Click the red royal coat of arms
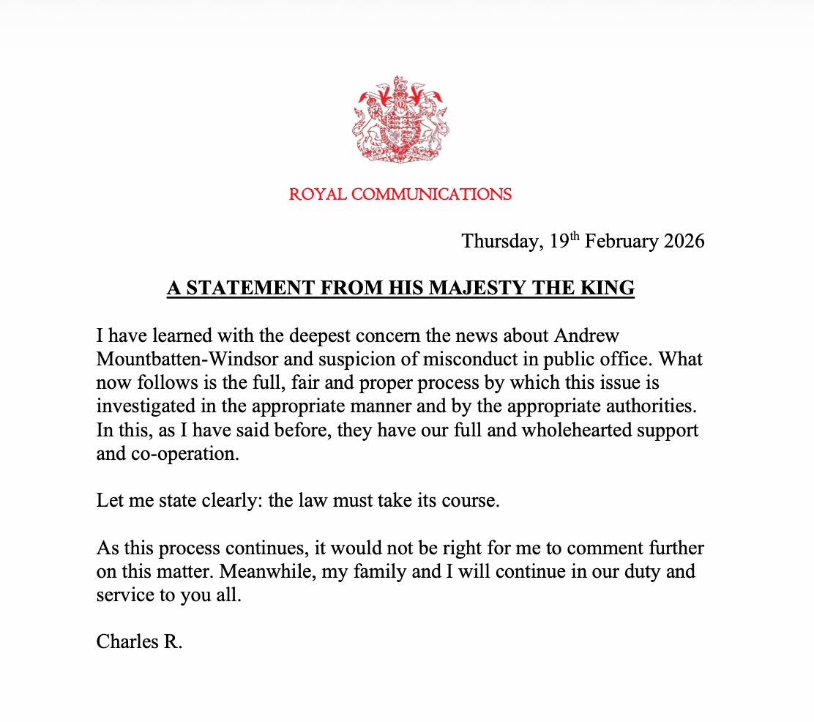click(x=400, y=119)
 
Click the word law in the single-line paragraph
click(x=341, y=502)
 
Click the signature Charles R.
click(x=138, y=642)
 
